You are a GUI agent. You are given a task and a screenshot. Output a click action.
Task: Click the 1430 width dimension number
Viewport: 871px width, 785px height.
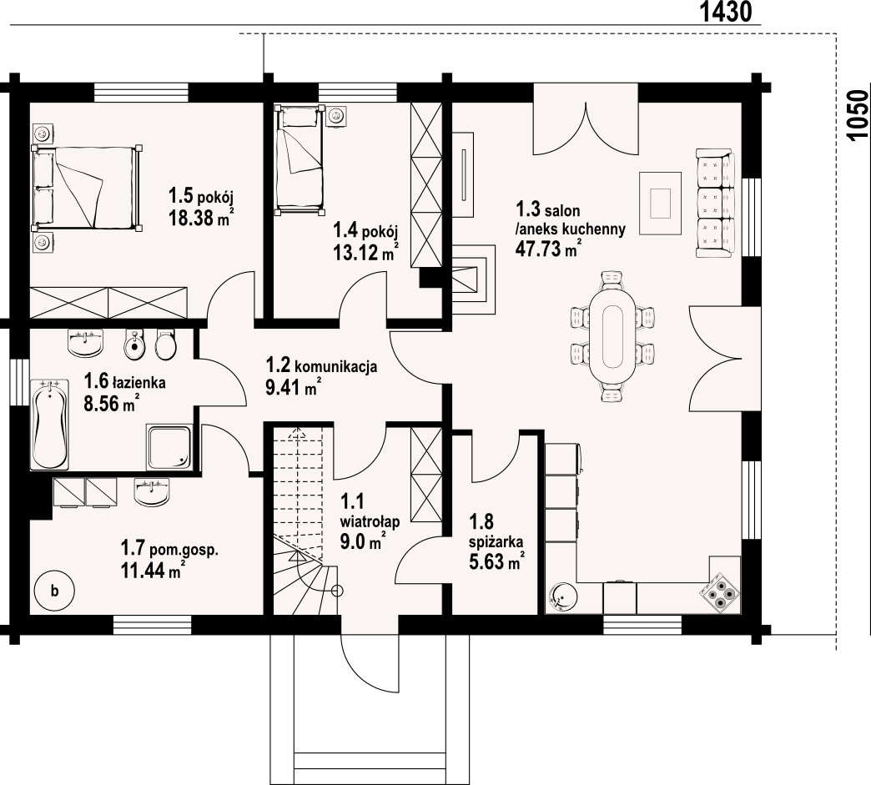726,11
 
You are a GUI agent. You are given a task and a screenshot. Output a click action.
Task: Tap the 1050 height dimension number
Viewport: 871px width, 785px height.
858,116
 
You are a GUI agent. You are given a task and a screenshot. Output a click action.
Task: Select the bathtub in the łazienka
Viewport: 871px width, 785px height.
50,424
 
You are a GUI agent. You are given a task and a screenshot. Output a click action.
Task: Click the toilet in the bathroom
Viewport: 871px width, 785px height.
165,345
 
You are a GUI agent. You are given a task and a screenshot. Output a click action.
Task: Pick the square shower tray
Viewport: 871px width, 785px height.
169,447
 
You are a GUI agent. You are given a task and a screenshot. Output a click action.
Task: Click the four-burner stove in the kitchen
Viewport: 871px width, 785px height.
719,594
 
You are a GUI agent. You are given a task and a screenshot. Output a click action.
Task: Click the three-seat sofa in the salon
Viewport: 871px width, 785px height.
716,204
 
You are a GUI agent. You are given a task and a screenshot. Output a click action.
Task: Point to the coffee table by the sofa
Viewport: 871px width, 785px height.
660,204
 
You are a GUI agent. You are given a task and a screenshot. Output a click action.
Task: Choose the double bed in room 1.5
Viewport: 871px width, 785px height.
87,188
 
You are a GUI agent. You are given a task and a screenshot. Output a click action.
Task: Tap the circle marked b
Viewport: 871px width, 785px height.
54,591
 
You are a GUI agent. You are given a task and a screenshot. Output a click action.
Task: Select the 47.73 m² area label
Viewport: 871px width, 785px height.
549,249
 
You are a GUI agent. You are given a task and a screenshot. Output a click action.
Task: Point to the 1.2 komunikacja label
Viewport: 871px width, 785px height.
322,366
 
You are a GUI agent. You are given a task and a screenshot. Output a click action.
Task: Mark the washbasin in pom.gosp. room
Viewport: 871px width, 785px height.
153,492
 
